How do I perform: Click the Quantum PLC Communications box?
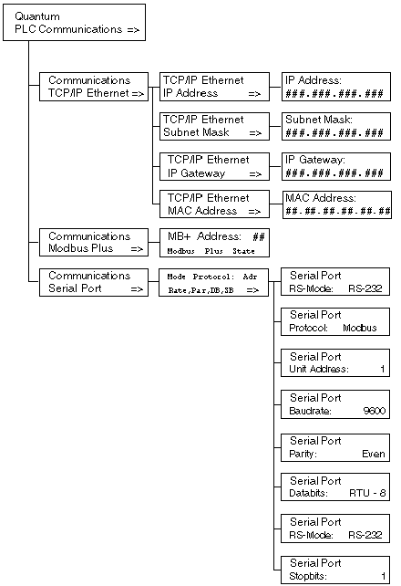[74, 23]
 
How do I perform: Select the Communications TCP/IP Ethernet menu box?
[94, 87]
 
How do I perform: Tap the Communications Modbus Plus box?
[94, 242]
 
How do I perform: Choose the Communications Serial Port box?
[94, 282]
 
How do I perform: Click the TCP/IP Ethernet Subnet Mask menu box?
[214, 126]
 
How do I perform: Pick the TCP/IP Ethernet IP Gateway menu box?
[214, 167]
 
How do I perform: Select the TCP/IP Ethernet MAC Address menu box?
[214, 204]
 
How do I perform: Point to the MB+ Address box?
[214, 243]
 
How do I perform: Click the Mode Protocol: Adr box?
[214, 283]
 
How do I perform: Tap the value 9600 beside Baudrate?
[375, 411]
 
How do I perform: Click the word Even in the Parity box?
[374, 454]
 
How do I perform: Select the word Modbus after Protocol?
[360, 328]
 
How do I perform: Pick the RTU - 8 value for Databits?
[367, 493]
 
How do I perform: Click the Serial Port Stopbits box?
[335, 570]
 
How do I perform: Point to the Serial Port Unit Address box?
[335, 363]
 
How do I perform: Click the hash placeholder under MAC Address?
[338, 211]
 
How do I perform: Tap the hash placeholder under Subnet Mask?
[334, 132]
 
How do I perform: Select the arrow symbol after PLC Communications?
[133, 29]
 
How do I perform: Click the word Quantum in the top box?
[37, 16]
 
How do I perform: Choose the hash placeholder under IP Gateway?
[334, 173]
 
